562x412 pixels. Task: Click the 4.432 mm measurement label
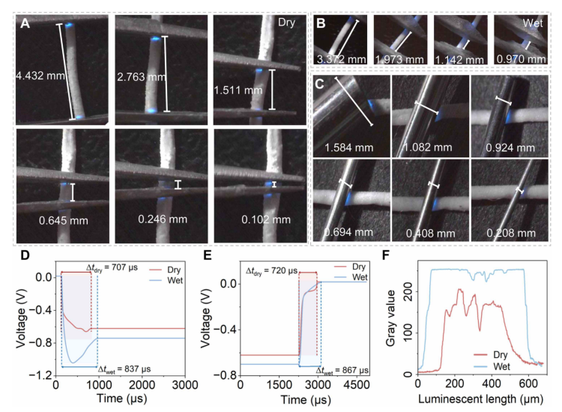40,76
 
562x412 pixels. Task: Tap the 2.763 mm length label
142,76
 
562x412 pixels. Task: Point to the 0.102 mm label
266,219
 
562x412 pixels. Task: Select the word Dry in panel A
287,22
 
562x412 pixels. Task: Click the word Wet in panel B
533,23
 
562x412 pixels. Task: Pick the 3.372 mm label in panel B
342,59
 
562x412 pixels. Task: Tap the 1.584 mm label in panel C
349,148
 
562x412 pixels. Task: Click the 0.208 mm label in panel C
511,233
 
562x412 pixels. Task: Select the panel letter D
25,255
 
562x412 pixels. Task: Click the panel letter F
386,255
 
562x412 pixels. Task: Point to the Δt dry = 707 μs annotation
112,267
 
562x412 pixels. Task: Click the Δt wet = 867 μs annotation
342,371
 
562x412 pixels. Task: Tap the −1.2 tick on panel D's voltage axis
43,375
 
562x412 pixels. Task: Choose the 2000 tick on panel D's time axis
142,385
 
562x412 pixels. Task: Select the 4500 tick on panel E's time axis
357,384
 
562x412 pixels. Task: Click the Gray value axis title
390,318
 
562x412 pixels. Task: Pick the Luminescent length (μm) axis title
480,399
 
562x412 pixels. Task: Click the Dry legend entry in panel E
350,267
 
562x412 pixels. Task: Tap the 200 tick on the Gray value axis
408,291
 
